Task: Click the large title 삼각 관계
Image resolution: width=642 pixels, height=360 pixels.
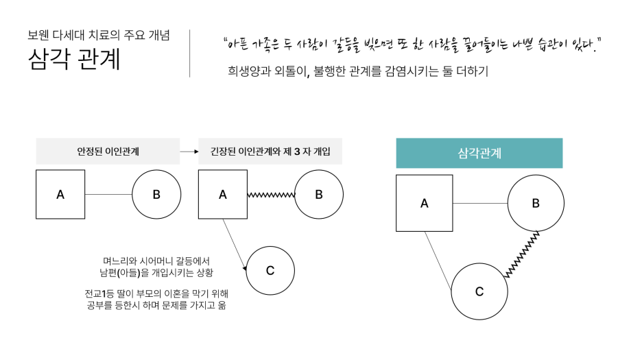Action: (74, 60)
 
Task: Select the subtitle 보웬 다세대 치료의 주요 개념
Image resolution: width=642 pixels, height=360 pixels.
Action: (99, 35)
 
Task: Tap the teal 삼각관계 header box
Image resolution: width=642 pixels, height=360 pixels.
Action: (479, 153)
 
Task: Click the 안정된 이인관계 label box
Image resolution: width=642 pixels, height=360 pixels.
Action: (108, 151)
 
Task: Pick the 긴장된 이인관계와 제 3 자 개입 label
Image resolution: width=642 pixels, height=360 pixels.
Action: (270, 151)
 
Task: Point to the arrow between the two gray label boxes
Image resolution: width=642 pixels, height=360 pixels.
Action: (189, 152)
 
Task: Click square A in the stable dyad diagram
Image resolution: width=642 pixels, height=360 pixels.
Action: (60, 194)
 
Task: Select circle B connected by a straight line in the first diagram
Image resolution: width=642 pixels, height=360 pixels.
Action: (156, 194)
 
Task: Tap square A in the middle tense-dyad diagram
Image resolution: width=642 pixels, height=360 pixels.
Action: (223, 194)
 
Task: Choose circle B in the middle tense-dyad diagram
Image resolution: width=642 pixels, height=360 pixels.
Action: (319, 194)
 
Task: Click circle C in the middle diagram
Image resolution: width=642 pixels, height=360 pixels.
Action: (270, 270)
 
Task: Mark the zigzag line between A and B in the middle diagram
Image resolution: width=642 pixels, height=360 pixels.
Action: (271, 195)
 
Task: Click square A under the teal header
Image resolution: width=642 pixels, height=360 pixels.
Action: (424, 203)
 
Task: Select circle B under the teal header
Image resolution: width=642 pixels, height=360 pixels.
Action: (536, 203)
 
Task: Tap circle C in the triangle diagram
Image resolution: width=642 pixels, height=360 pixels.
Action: (479, 291)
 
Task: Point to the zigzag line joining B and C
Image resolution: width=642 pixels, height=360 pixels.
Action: (521, 254)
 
